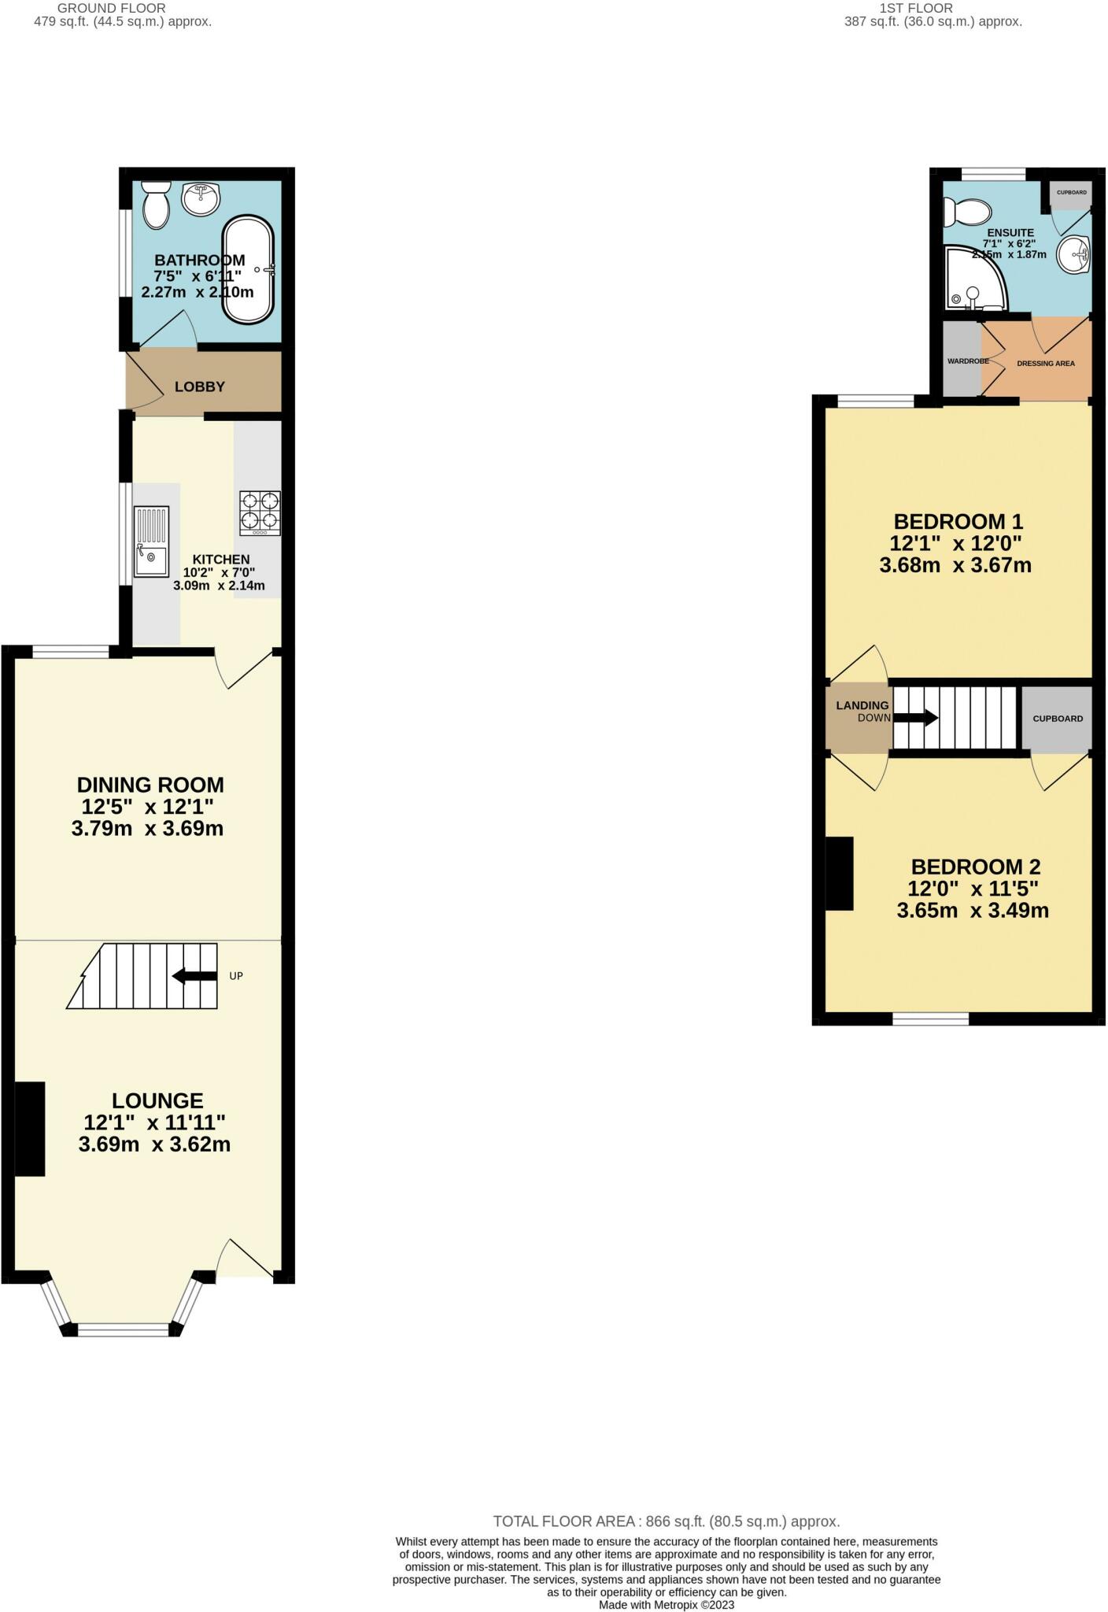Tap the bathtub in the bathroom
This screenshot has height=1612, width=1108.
[249, 269]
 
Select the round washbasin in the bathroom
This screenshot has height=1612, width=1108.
[201, 199]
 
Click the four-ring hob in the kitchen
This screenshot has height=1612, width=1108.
[260, 513]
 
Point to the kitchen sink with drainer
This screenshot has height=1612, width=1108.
[151, 542]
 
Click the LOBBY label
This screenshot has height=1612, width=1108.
[200, 386]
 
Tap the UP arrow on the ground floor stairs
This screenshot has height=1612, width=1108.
[194, 976]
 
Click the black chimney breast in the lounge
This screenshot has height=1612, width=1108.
[30, 1129]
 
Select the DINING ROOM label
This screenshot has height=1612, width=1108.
[150, 785]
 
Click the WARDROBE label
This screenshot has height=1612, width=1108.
[968, 361]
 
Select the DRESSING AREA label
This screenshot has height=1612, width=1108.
[1046, 364]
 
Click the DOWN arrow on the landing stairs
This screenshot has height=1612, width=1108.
[915, 718]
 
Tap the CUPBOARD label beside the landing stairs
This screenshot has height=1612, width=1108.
[1058, 719]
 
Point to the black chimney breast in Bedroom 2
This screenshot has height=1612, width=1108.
[840, 874]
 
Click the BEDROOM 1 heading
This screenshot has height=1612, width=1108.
[958, 521]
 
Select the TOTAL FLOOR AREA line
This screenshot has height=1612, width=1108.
[667, 1521]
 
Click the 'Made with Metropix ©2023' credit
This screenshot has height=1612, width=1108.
[667, 1604]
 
